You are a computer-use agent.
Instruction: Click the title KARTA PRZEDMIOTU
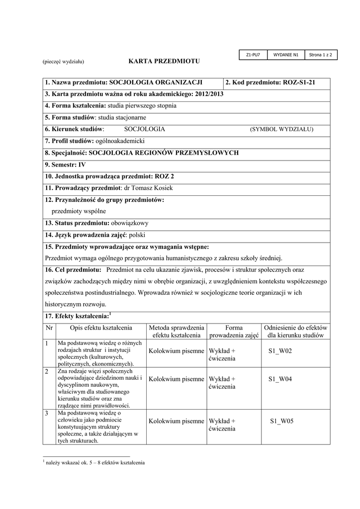[x=164, y=61]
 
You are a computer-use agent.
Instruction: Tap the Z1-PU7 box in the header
[x=254, y=55]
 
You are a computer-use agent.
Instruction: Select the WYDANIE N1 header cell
[x=285, y=55]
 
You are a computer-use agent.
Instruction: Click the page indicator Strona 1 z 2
[x=320, y=55]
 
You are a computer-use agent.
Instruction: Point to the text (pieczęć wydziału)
[x=63, y=62]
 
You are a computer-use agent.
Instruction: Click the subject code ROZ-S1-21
[x=299, y=83]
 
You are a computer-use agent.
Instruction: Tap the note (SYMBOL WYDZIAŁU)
[x=281, y=129]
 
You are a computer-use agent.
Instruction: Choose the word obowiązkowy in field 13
[x=129, y=223]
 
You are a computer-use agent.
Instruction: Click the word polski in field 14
[x=137, y=235]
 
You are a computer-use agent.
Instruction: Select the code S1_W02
[x=280, y=351]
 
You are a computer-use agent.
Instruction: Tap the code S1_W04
[x=280, y=379]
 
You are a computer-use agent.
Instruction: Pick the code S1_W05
[x=281, y=421]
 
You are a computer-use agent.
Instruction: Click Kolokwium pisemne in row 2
[x=177, y=379]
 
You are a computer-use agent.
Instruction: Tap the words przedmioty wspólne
[x=79, y=211]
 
